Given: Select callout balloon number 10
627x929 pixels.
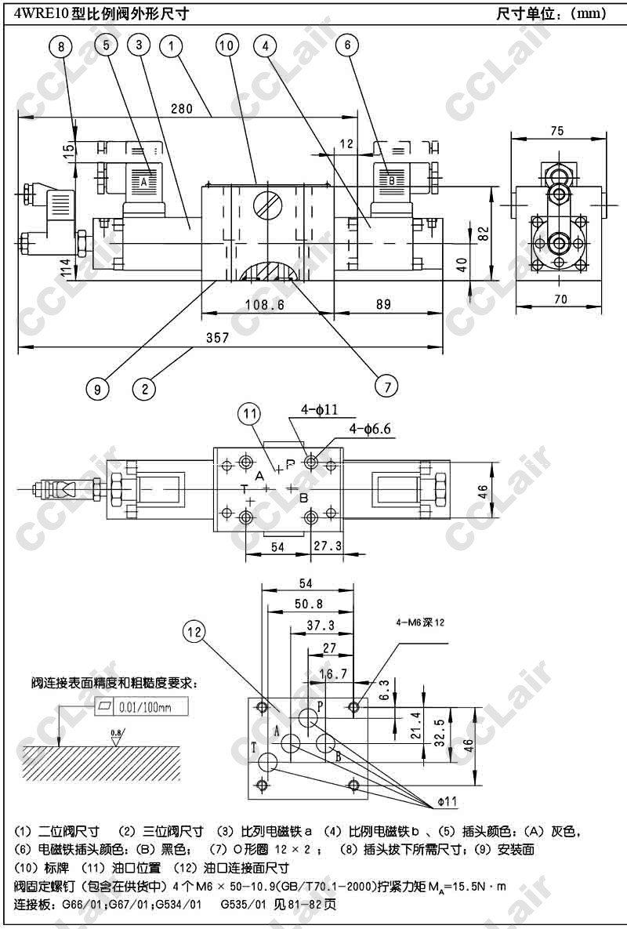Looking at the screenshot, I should [x=227, y=46].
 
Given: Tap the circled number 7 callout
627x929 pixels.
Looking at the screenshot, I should [x=386, y=385].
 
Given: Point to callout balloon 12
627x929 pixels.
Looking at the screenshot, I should [x=197, y=630].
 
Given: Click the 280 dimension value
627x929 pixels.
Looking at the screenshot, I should [x=180, y=109].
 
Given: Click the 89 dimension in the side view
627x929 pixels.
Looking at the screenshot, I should [x=382, y=305].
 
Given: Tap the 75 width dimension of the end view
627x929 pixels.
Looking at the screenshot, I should [x=556, y=131].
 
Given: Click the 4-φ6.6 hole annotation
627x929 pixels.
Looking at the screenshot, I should [x=369, y=429].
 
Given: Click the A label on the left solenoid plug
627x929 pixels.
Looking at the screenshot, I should [x=143, y=180].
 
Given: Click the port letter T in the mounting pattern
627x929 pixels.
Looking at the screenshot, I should [x=254, y=747].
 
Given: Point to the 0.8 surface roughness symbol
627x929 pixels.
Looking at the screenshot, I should [x=116, y=735].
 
